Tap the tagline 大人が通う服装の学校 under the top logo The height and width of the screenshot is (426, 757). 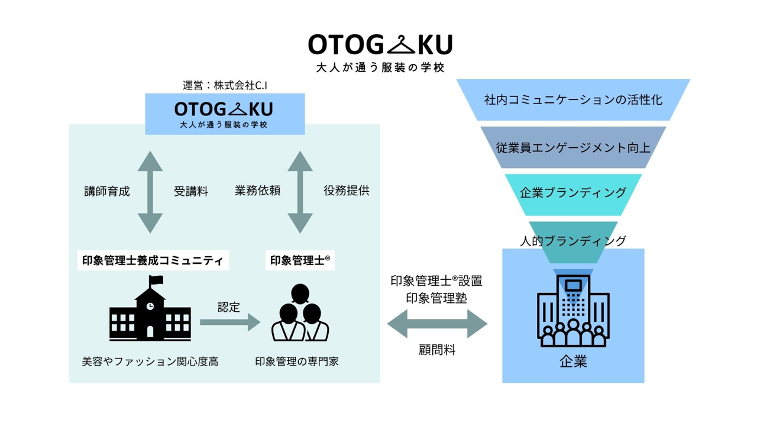click(380, 67)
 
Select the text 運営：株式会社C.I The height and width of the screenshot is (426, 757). click(225, 85)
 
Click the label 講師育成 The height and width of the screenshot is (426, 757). click(107, 191)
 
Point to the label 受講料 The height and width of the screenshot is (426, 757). click(190, 191)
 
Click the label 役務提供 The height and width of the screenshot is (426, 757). click(346, 191)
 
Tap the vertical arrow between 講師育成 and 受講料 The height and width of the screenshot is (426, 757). click(150, 192)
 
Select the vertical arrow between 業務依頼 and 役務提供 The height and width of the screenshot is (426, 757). click(300, 192)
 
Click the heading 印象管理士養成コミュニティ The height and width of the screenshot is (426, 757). click(153, 260)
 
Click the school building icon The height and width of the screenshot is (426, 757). click(150, 314)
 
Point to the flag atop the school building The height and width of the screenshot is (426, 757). click(156, 280)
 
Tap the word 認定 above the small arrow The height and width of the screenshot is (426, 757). click(229, 307)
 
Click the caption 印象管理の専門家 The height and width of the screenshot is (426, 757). click(297, 361)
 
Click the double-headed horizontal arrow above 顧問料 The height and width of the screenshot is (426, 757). click(437, 324)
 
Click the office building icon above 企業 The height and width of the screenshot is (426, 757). click(572, 311)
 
